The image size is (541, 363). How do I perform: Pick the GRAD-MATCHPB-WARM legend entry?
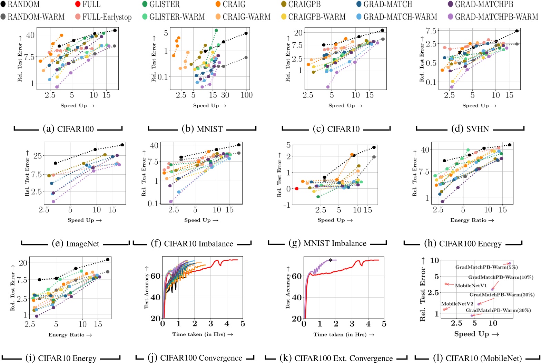click(x=496, y=17)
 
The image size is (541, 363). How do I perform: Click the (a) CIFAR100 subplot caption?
click(x=68, y=129)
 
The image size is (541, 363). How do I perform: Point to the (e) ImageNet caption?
click(x=76, y=244)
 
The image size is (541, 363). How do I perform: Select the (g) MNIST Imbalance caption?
click(x=327, y=243)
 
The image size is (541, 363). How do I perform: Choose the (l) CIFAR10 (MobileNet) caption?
click(x=478, y=358)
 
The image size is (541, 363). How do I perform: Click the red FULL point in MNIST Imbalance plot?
click(x=297, y=189)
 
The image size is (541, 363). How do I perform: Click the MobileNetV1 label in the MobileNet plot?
click(x=471, y=286)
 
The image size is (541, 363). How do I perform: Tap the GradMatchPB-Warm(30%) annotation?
click(x=498, y=310)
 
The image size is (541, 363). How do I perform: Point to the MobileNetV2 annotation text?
click(x=457, y=304)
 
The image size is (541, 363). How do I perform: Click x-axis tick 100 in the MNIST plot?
click(x=247, y=95)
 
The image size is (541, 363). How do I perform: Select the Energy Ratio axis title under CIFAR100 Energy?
click(x=472, y=220)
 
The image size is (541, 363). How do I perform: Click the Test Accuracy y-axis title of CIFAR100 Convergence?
click(x=147, y=288)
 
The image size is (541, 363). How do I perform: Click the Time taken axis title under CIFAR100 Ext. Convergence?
click(x=344, y=334)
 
